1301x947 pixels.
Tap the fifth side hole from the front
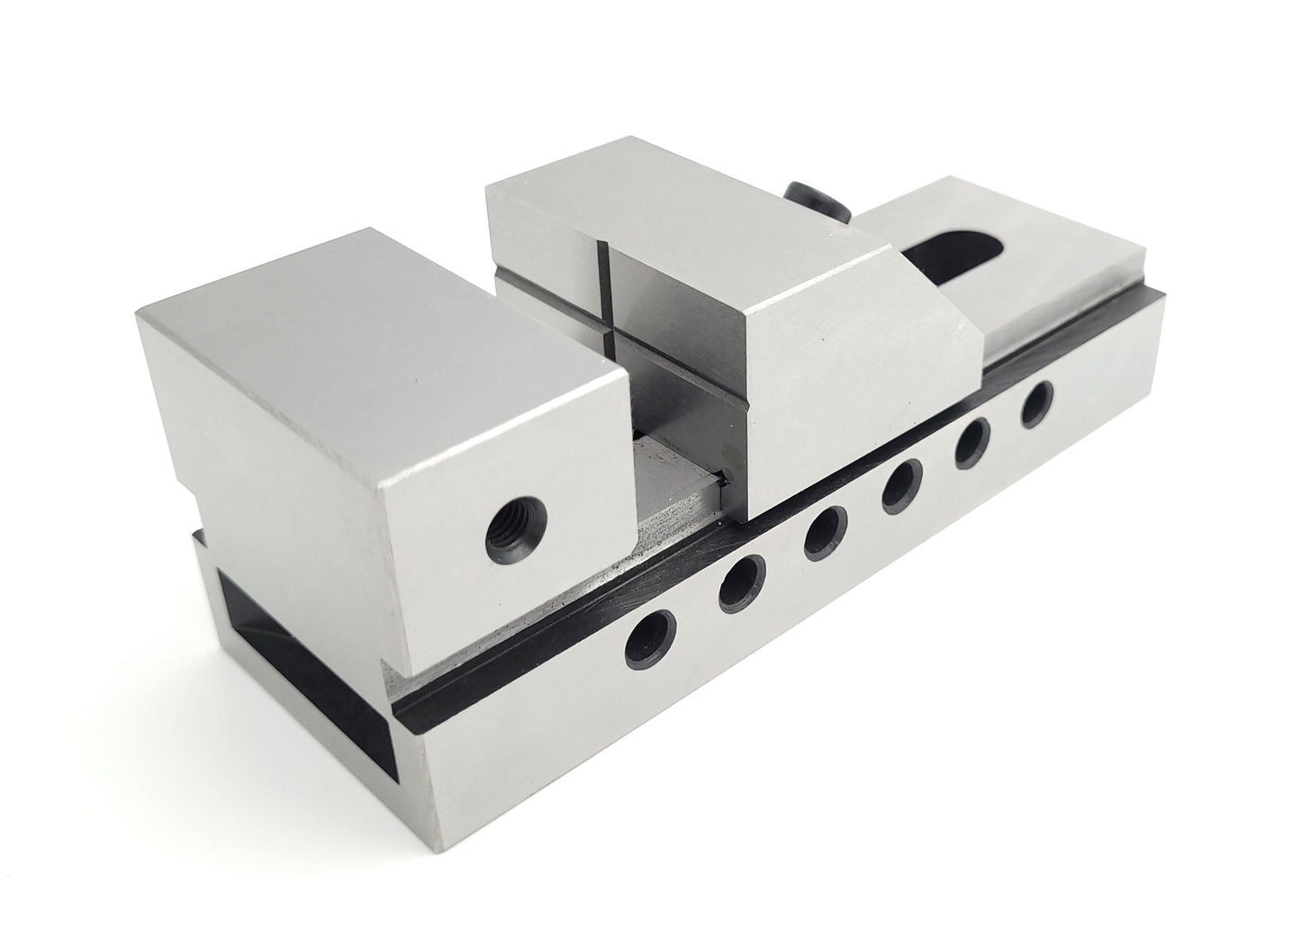coord(972,441)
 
